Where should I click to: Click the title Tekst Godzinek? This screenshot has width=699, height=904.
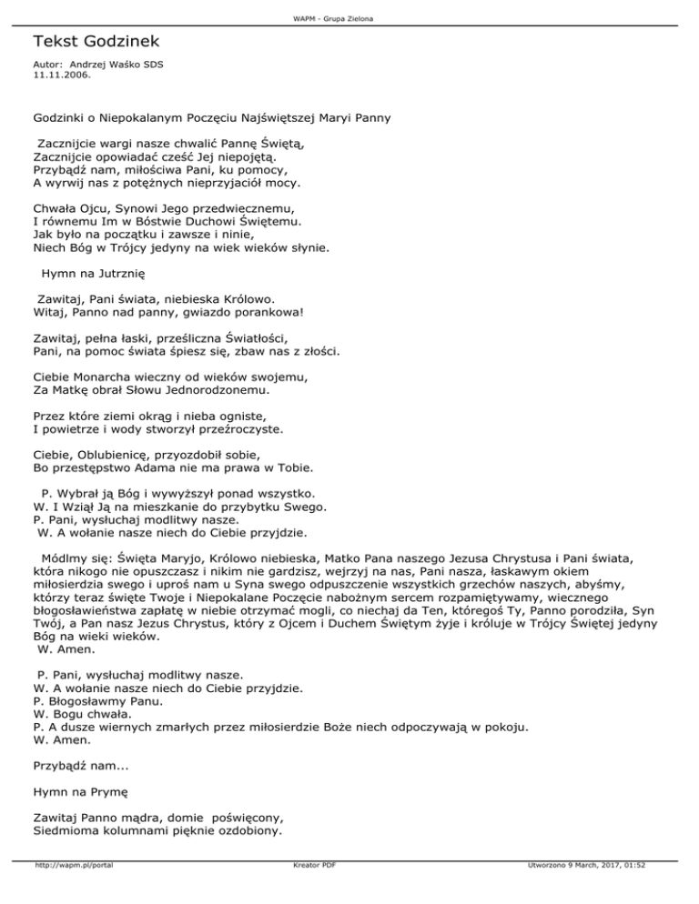[x=95, y=42]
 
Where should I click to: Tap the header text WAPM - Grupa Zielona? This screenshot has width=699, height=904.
[x=349, y=19]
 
